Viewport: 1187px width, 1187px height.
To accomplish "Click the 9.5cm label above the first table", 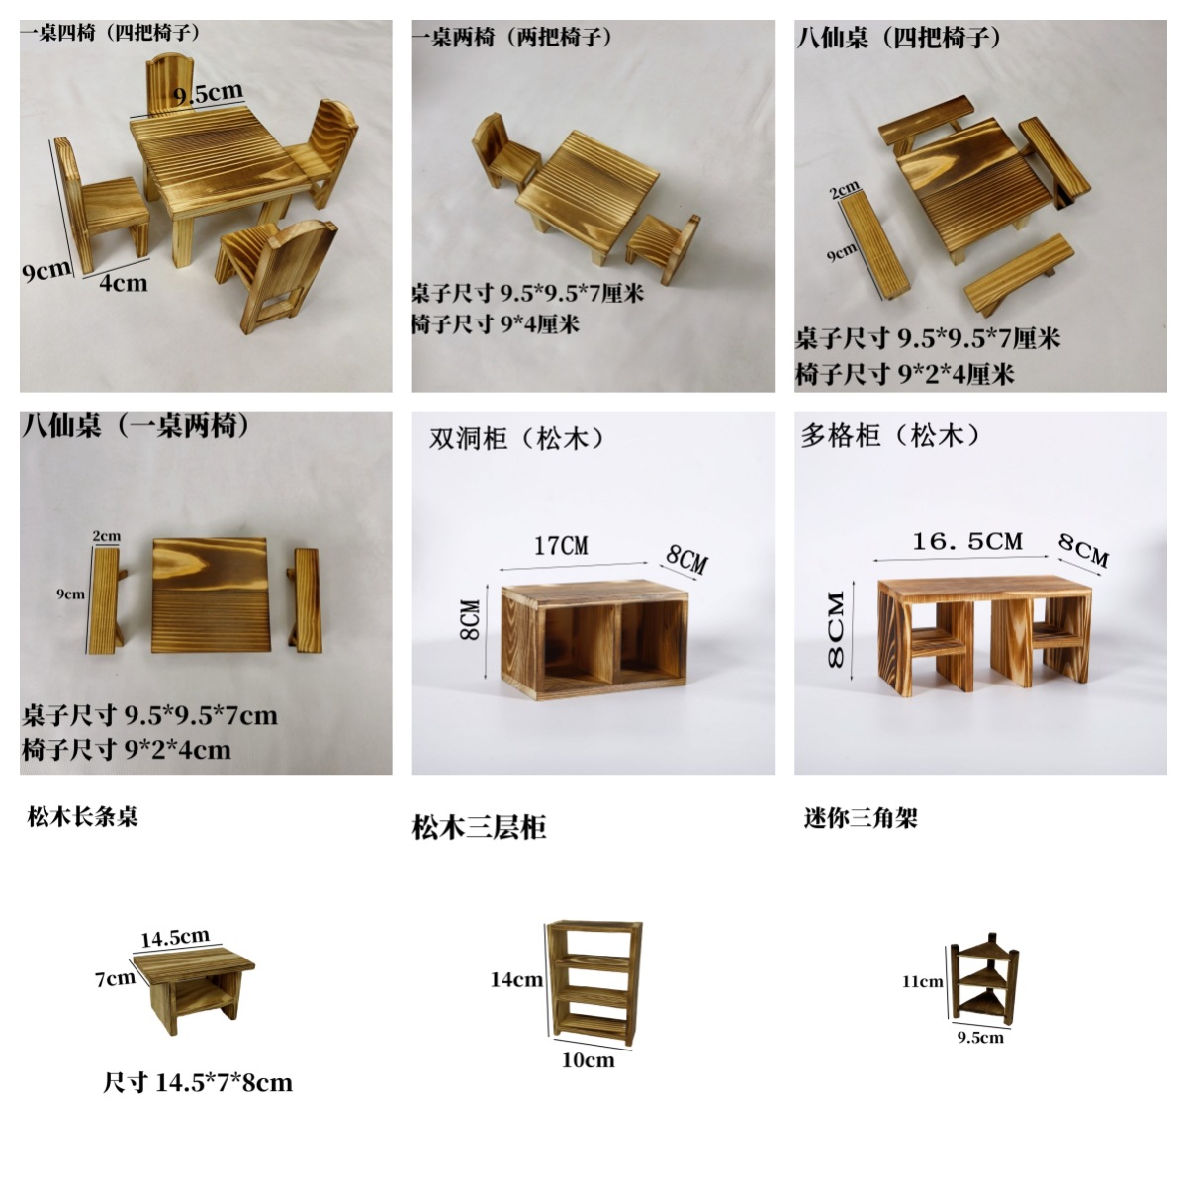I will pyautogui.click(x=208, y=94).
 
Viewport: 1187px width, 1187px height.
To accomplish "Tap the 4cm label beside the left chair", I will pyautogui.click(x=123, y=283).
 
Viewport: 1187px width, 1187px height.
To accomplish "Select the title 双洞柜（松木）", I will pyautogui.click(x=516, y=438).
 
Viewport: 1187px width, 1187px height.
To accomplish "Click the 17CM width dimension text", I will pyautogui.click(x=561, y=546).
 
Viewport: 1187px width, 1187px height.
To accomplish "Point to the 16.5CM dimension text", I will pyautogui.click(x=966, y=541).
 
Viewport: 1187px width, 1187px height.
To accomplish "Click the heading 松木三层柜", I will pyautogui.click(x=479, y=827).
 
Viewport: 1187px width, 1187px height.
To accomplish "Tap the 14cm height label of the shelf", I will pyautogui.click(x=516, y=979).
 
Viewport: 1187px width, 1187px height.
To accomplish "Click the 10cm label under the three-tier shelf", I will pyautogui.click(x=588, y=1060).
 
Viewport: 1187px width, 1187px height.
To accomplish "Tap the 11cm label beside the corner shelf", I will pyautogui.click(x=922, y=981).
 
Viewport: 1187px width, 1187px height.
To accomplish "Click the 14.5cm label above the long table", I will pyautogui.click(x=175, y=937).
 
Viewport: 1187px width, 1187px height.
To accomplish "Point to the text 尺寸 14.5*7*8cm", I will pyautogui.click(x=198, y=1082).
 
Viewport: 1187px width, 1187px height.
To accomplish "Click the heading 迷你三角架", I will pyautogui.click(x=861, y=818).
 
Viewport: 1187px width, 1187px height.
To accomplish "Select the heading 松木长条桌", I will pyautogui.click(x=83, y=816).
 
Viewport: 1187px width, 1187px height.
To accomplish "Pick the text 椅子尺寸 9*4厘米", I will pyautogui.click(x=496, y=323).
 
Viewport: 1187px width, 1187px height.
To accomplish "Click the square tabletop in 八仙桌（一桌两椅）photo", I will pyautogui.click(x=213, y=593).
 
